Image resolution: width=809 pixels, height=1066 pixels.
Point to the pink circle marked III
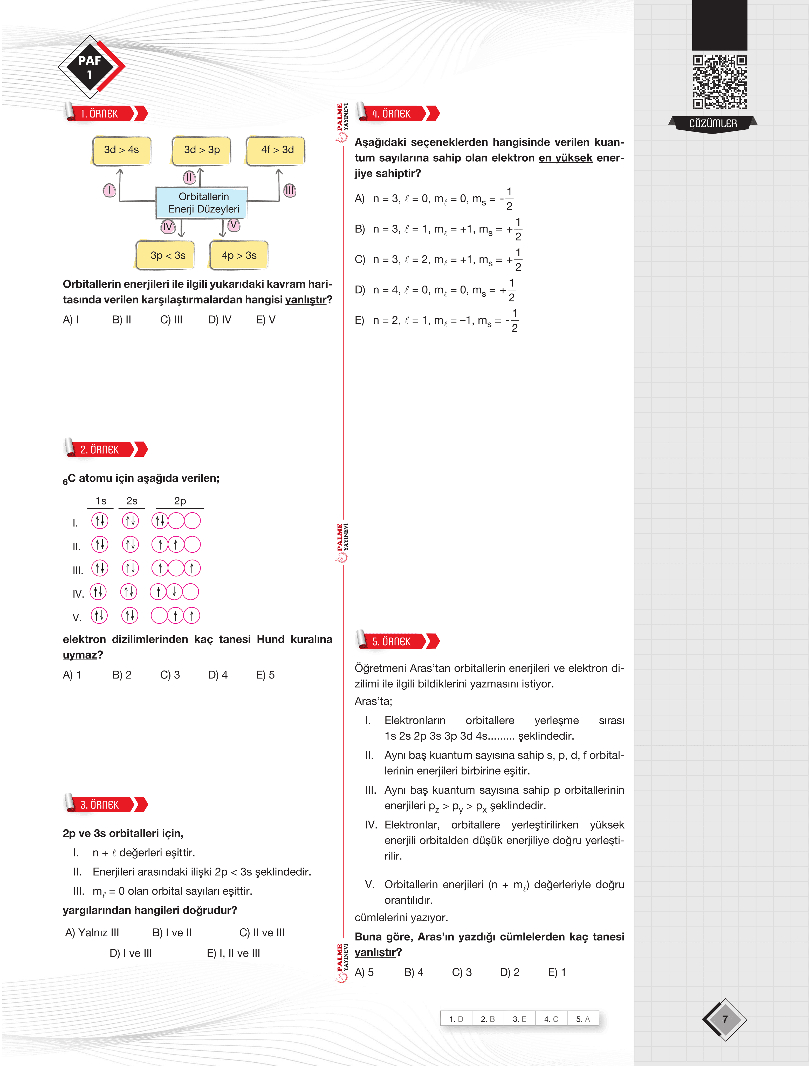pyautogui.click(x=289, y=190)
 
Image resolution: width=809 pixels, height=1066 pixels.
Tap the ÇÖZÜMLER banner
pyautogui.click(x=712, y=124)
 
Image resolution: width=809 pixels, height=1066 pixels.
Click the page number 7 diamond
pyautogui.click(x=724, y=1019)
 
